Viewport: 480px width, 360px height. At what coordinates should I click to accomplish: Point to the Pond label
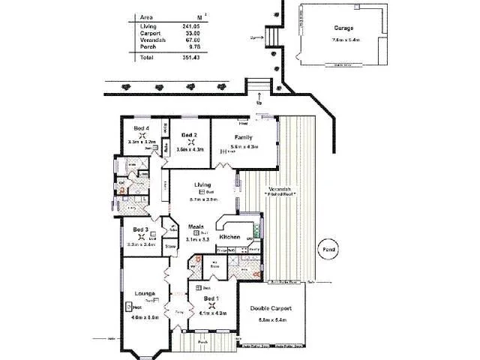point(328,249)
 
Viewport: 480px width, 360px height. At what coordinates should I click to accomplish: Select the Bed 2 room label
point(190,135)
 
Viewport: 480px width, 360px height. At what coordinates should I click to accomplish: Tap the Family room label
point(243,137)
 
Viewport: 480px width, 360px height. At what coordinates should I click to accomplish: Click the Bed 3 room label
point(141,229)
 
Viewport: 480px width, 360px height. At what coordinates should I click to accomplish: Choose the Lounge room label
point(145,292)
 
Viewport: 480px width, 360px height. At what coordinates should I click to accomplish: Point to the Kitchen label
point(229,237)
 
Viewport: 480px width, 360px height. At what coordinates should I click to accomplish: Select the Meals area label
point(196,226)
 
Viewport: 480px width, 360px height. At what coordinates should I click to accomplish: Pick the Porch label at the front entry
point(202,342)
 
